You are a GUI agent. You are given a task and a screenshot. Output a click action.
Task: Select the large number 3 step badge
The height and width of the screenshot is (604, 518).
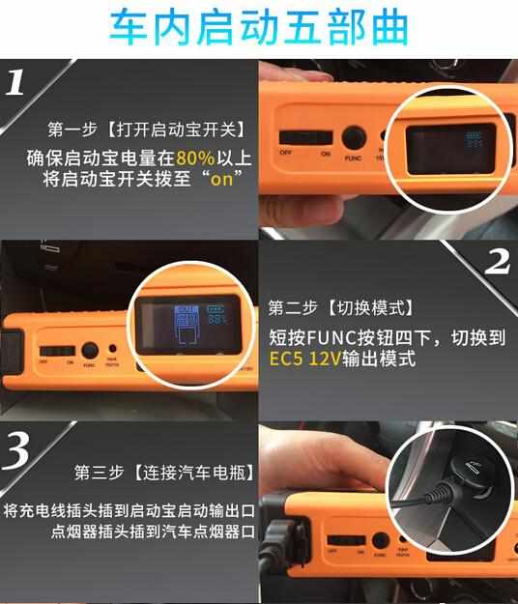point(19,448)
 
